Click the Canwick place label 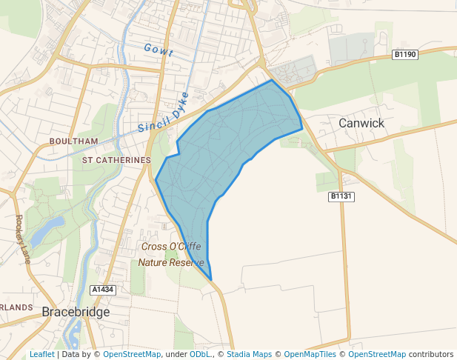click(361, 123)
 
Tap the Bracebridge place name click(76, 312)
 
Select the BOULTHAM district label click(73, 141)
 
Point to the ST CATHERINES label click(116, 159)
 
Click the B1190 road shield click(405, 54)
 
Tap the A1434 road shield click(103, 289)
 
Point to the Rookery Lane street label click(23, 239)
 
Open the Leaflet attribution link click(41, 354)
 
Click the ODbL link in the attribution click(199, 354)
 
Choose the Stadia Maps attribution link click(249, 354)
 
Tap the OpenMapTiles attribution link click(310, 354)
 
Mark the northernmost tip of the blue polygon click(272, 80)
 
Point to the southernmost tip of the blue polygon click(211, 281)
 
